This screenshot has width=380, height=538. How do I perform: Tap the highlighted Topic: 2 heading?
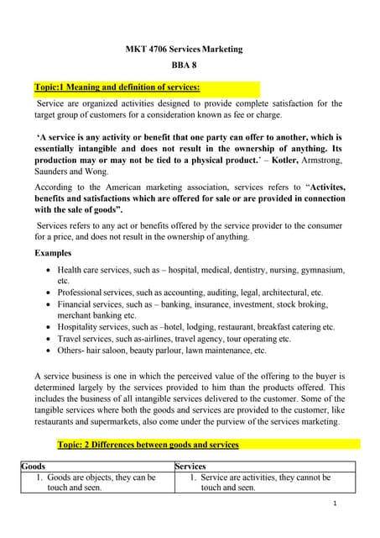pos(148,444)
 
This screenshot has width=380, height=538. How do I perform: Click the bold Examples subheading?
pos(53,252)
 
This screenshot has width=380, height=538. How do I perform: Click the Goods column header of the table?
pos(34,466)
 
